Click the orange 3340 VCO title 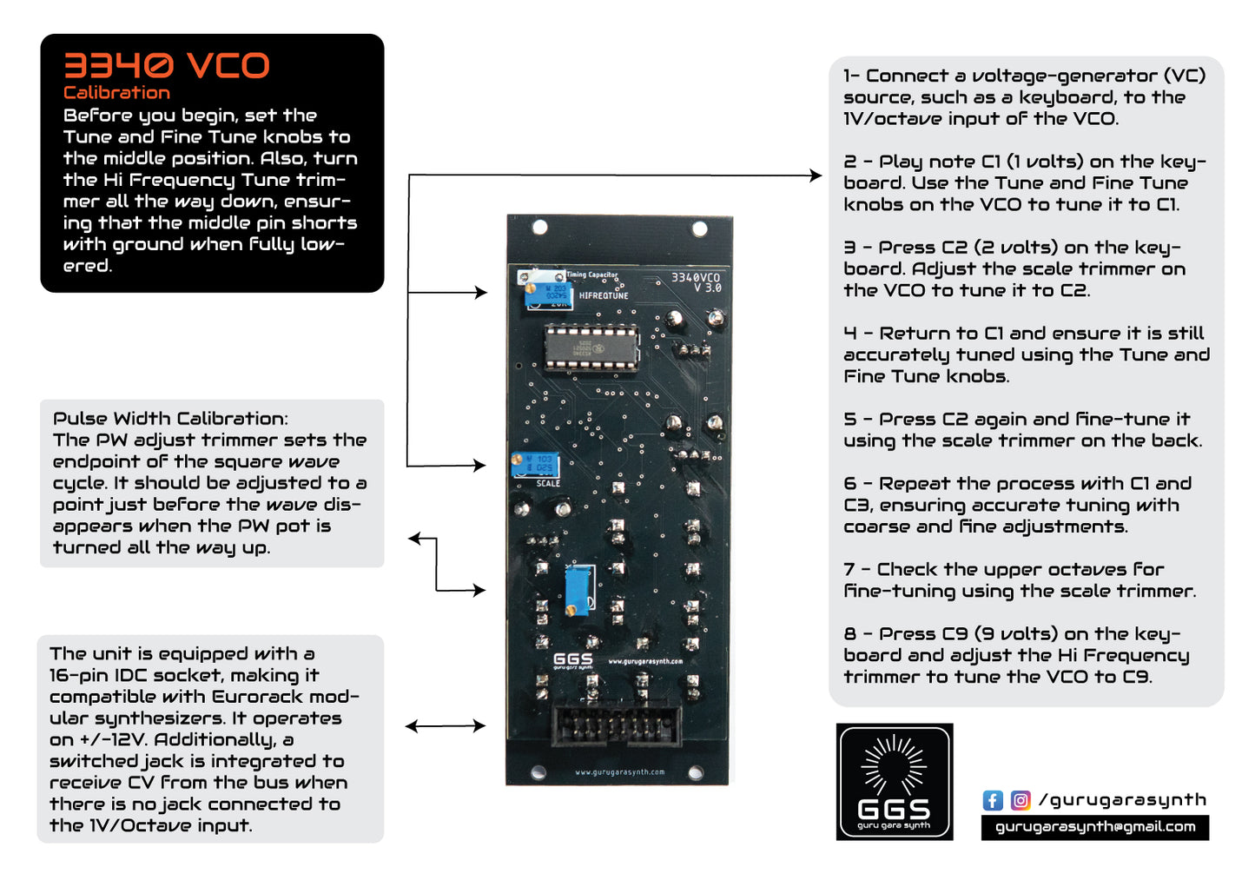(166, 66)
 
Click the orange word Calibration (116, 93)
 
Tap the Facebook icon (993, 800)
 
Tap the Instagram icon (1021, 800)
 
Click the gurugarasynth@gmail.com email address (1094, 827)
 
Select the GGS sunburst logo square (895, 782)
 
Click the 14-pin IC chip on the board (591, 346)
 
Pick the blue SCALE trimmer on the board (535, 465)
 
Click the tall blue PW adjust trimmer (578, 588)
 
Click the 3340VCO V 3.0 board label (697, 282)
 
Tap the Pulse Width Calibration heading (170, 419)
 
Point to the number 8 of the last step (849, 634)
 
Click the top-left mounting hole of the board (539, 227)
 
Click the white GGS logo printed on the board (573, 660)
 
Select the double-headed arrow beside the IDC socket (445, 725)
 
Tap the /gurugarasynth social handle (1122, 800)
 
